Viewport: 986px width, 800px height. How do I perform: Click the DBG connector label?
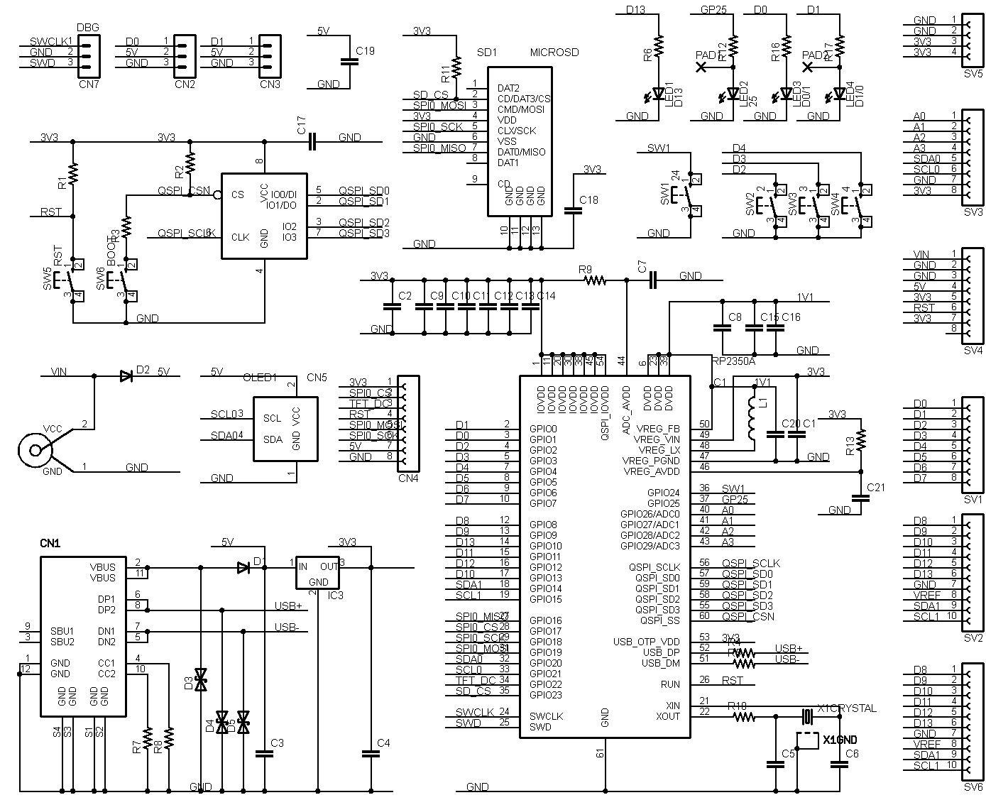pos(87,28)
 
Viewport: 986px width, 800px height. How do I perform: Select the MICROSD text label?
pos(554,53)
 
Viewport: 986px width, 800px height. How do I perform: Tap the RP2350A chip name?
pos(733,361)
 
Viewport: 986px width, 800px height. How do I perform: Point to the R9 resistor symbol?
pos(595,281)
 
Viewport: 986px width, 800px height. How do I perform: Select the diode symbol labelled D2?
pos(126,376)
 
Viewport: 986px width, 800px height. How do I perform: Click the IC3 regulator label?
pos(335,595)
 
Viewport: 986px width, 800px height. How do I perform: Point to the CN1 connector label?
pos(50,543)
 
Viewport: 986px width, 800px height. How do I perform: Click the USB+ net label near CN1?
pos(287,606)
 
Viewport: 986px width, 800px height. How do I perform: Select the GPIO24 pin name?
pos(663,493)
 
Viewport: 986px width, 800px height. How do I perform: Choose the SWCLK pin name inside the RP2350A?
pos(546,716)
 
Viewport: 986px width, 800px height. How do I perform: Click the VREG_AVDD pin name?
pos(651,471)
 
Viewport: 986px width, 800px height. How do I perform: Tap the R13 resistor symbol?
pos(860,440)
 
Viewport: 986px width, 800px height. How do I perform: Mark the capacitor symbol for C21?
pos(860,498)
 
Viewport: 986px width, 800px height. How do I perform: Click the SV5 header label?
pos(973,74)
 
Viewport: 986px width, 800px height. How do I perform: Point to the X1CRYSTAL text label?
pos(846,708)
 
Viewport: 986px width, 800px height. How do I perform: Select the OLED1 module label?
pos(260,377)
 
